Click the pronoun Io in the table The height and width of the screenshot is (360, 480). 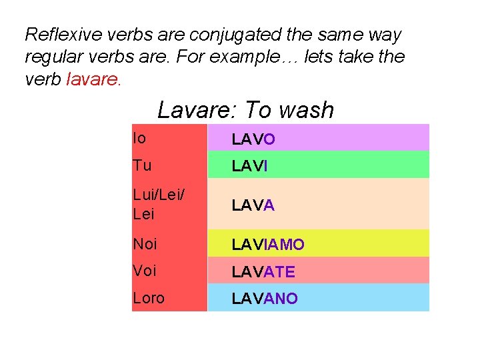pyautogui.click(x=139, y=138)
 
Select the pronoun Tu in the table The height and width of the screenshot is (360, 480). pyautogui.click(x=142, y=165)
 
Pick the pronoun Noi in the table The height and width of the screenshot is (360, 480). pyautogui.click(x=145, y=244)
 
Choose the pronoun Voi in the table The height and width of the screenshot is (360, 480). pyautogui.click(x=145, y=271)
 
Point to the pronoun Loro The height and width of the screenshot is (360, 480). pyautogui.click(x=149, y=298)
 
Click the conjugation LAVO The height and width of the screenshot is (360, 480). pyautogui.click(x=253, y=139)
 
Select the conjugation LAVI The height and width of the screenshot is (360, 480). pyautogui.click(x=250, y=166)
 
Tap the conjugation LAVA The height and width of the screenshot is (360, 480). pyautogui.click(x=253, y=205)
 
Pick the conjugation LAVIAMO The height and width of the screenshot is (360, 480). pyautogui.click(x=268, y=245)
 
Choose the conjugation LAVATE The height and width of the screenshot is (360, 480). pyautogui.click(x=263, y=272)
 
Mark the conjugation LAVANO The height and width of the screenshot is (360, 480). pyautogui.click(x=265, y=299)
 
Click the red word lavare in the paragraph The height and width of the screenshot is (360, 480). pyautogui.click(x=94, y=80)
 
